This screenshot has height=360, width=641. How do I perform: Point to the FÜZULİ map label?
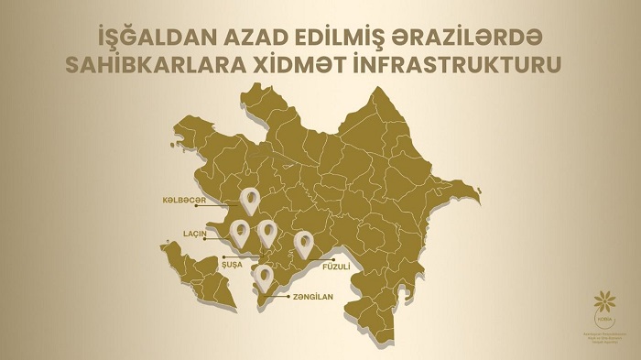pyautogui.click(x=337, y=267)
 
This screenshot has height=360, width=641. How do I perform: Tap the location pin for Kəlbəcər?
pyautogui.click(x=249, y=199)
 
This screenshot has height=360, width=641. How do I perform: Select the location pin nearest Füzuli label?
pyautogui.click(x=303, y=243)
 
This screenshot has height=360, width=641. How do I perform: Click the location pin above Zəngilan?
pyautogui.click(x=265, y=277)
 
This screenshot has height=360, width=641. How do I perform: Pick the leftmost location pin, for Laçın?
pyautogui.click(x=240, y=232)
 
